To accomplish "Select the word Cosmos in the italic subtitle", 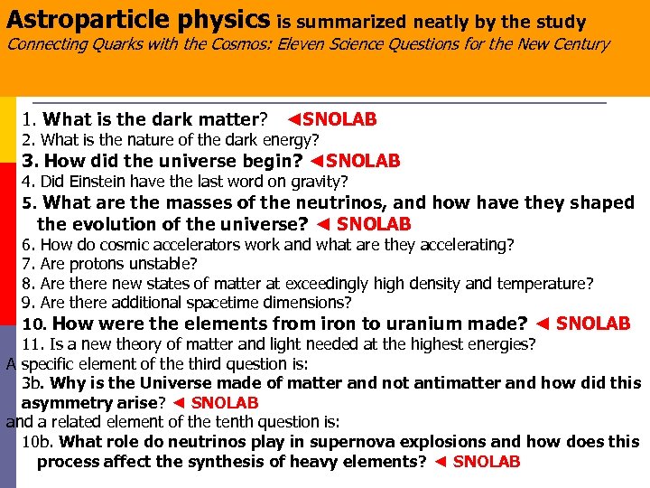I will [x=280, y=44].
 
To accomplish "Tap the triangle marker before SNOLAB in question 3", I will [x=316, y=162].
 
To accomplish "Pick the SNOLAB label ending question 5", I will [x=374, y=223].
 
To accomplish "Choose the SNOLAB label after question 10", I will [x=593, y=324].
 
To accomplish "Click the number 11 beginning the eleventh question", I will [x=32, y=343].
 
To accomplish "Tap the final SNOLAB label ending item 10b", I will [x=487, y=462].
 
